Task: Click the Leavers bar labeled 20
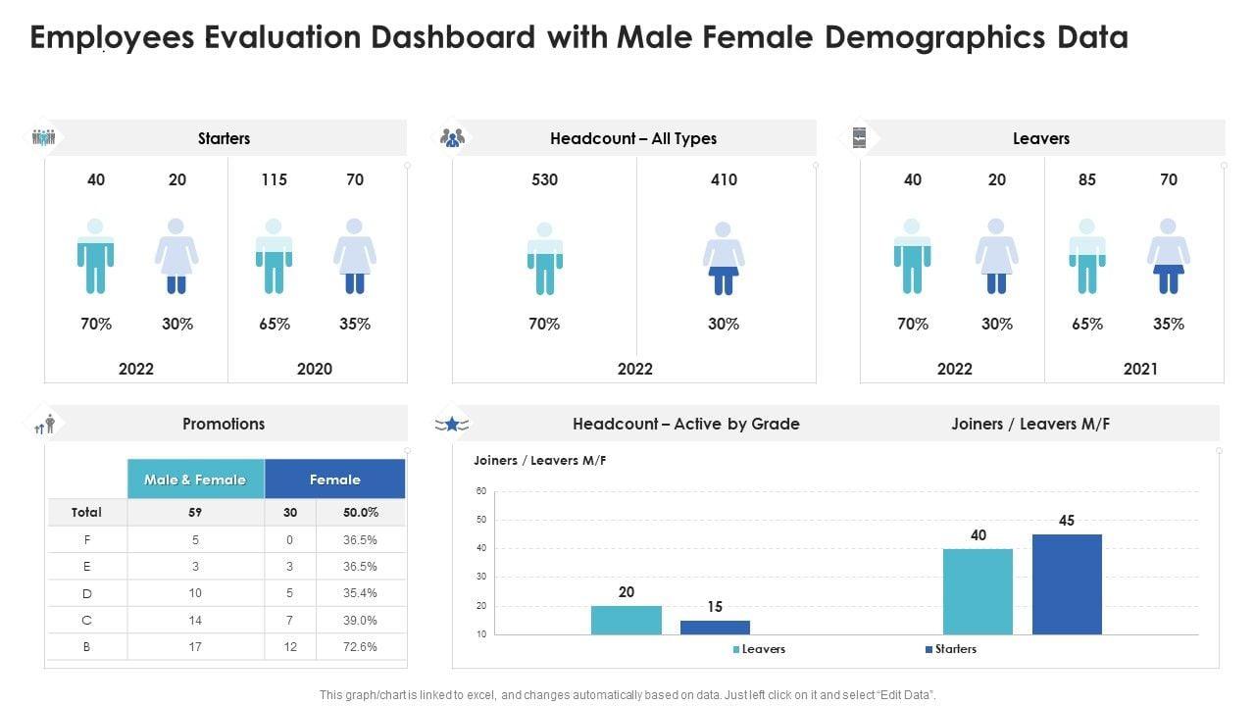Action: point(626,620)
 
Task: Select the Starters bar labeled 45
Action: point(1067,584)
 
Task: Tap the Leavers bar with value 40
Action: point(978,591)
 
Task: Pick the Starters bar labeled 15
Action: point(715,628)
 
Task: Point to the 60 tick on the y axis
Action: point(481,491)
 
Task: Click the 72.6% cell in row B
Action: point(361,647)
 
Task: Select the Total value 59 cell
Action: point(195,512)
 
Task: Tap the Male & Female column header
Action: point(195,479)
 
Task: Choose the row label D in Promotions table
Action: point(87,593)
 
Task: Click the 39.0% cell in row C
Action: point(361,620)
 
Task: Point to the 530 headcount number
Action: point(544,179)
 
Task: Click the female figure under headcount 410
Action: point(724,258)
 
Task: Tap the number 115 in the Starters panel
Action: point(274,179)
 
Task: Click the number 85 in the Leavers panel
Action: point(1086,179)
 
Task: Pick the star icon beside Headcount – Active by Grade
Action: point(452,424)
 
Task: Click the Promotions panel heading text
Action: point(224,424)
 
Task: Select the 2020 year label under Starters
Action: point(314,369)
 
